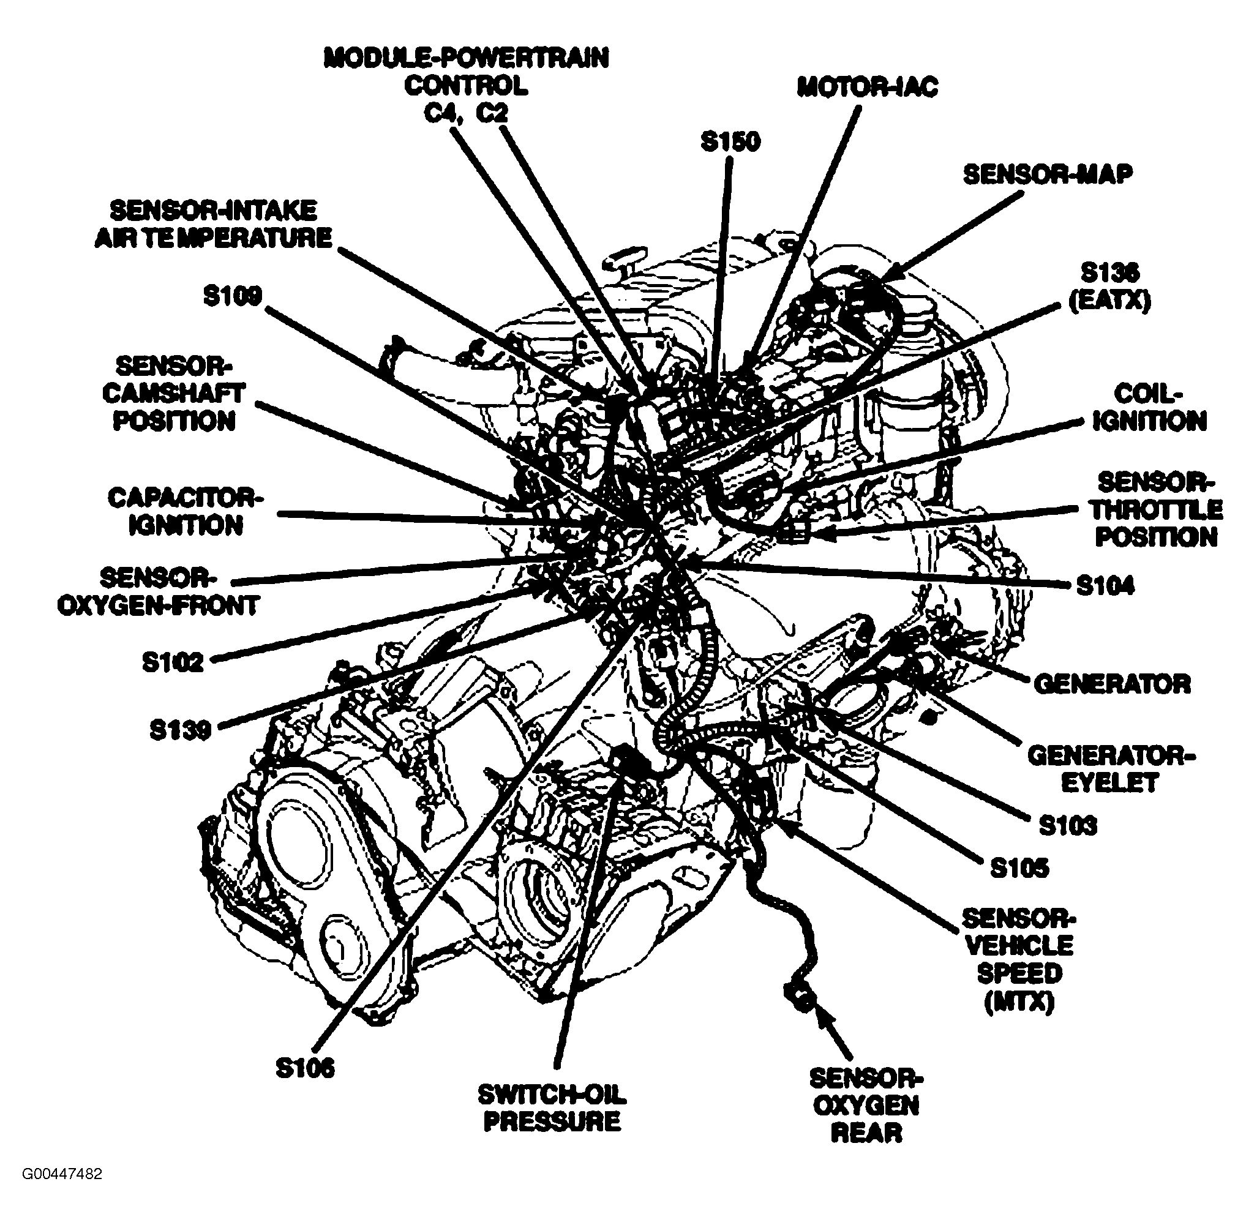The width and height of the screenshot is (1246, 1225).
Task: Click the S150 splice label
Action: click(x=730, y=142)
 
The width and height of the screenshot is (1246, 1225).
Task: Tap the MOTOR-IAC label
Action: click(x=867, y=87)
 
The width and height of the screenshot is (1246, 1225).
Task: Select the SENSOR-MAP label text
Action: click(x=1047, y=174)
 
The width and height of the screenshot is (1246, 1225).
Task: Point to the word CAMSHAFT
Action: click(x=174, y=393)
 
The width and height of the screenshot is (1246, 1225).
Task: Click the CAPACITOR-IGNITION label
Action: click(x=186, y=512)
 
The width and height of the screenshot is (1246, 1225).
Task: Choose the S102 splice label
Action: click(x=173, y=662)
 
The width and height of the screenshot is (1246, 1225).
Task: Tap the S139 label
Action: click(x=180, y=730)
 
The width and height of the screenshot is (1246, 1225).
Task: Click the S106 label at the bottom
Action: click(x=305, y=1068)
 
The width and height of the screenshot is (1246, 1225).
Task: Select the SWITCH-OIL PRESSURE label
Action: click(x=552, y=1108)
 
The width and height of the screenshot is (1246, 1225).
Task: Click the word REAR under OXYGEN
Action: click(x=866, y=1150)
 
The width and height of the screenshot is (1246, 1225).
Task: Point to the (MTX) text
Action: click(x=1019, y=1002)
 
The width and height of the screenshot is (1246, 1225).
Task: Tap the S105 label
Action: click(x=1019, y=868)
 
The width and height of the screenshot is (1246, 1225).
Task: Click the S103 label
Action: click(x=1068, y=825)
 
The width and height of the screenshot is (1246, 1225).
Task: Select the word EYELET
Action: click(x=1109, y=784)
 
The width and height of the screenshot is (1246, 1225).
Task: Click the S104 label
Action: click(x=1105, y=585)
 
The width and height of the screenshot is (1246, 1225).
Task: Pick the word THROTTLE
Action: click(x=1156, y=509)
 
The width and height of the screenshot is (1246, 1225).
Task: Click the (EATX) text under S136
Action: click(x=1109, y=301)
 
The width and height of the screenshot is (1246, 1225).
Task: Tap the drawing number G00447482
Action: click(x=62, y=1192)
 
